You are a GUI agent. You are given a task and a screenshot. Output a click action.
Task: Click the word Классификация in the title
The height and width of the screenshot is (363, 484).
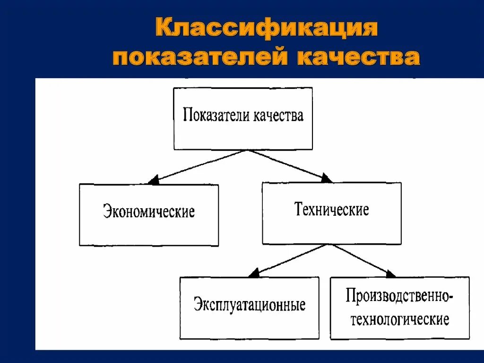(267, 29)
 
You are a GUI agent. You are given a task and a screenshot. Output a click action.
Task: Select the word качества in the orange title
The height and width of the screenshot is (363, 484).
(357, 57)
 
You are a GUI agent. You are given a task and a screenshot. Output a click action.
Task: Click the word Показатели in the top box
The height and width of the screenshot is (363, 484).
(216, 115)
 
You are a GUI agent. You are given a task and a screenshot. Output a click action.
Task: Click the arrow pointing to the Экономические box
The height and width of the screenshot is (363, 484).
(199, 166)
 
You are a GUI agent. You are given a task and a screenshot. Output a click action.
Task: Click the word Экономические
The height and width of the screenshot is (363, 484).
(149, 211)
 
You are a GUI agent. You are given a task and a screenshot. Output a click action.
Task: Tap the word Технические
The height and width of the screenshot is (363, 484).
(332, 209)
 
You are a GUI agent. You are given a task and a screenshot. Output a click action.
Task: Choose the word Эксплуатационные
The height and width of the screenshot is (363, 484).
(250, 304)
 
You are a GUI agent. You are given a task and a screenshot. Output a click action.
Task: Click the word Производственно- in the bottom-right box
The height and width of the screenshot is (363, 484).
(400, 297)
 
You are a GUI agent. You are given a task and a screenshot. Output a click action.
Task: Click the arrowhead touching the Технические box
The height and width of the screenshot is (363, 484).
(326, 179)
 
